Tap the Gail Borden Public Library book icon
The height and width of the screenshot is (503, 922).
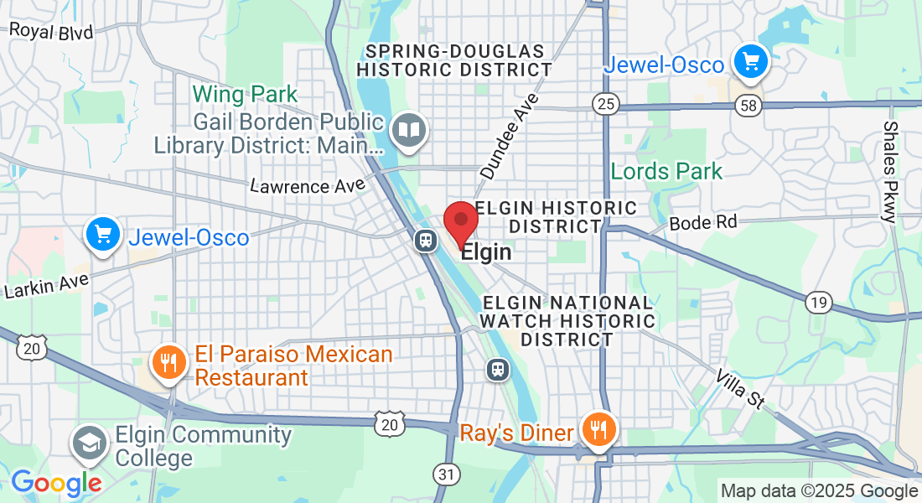click(x=410, y=131)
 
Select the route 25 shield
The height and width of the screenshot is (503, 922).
click(x=604, y=104)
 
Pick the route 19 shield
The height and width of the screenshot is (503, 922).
click(x=818, y=302)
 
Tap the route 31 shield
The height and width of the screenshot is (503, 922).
click(x=447, y=474)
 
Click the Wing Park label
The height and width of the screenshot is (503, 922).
click(x=246, y=92)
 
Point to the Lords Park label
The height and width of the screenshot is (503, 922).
click(x=666, y=172)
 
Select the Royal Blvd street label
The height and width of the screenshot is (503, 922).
click(x=51, y=31)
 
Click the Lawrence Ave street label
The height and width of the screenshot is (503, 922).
click(x=308, y=184)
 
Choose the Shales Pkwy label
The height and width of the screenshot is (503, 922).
click(x=891, y=171)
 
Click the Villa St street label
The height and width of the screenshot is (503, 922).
click(x=741, y=388)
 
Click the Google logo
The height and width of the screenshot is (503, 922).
click(x=56, y=483)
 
